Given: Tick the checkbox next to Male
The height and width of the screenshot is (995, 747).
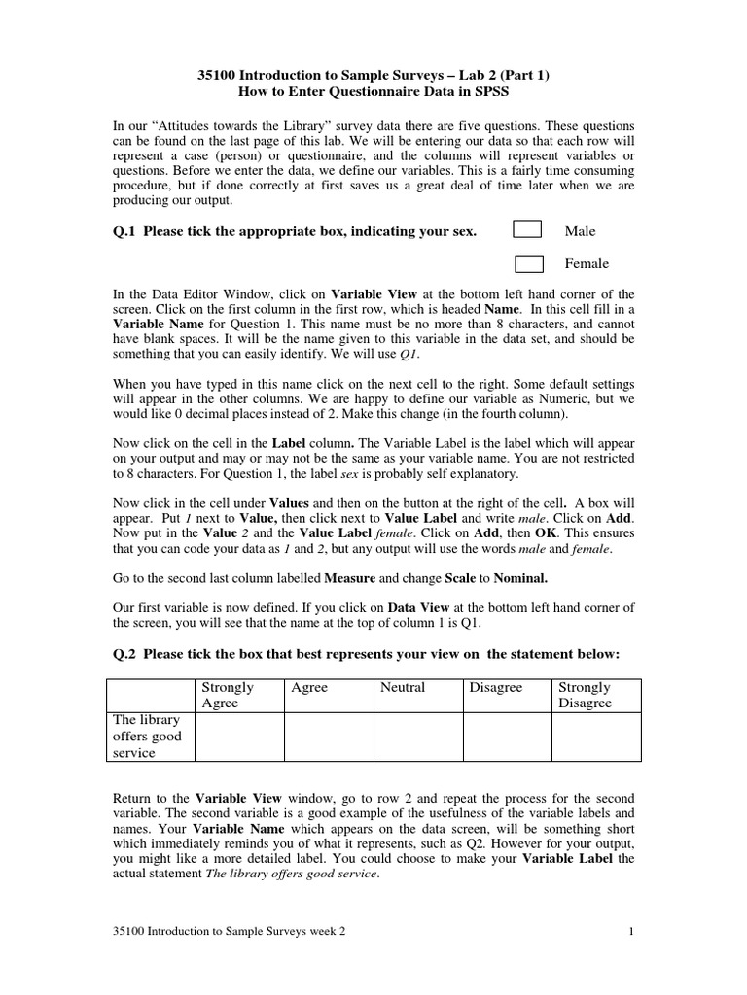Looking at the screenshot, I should (527, 229).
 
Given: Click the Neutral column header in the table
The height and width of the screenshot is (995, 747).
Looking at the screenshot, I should (403, 687).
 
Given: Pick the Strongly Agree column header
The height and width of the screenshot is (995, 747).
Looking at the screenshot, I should (227, 695).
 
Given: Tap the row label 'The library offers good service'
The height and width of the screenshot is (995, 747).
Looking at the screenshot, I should (147, 737).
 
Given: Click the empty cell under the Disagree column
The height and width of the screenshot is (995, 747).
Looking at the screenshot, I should (507, 737).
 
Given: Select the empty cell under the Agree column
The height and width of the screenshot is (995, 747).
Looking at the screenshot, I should (328, 737).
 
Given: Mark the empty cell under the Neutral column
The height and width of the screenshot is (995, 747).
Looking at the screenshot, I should (417, 737).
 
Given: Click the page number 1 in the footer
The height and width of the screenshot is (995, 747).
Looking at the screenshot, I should (631, 931).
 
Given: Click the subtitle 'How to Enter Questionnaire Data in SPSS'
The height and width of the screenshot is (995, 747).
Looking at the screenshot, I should (373, 90).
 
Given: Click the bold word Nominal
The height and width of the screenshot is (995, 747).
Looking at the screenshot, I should (514, 577).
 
